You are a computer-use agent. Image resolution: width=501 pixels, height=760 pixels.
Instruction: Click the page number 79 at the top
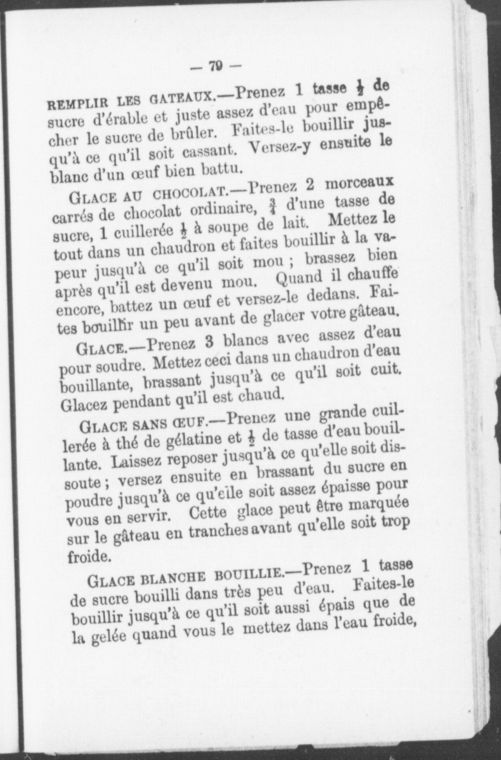click(x=216, y=66)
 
